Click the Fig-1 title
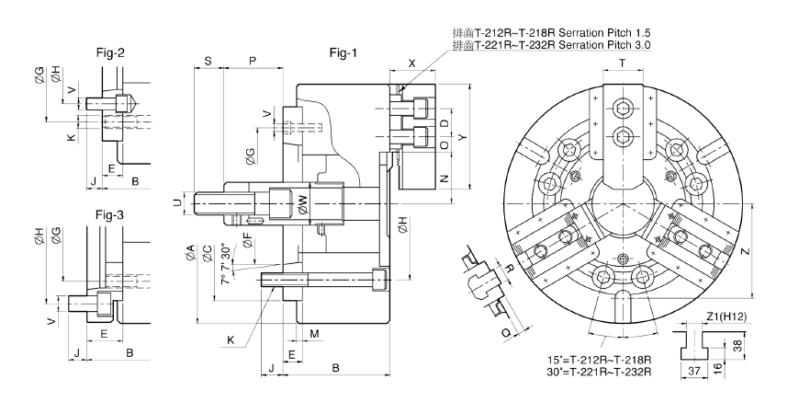point(343,52)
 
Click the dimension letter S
point(208,61)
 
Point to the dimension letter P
point(252,61)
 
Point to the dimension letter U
point(177,201)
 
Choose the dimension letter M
point(313,332)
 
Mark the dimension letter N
point(445,178)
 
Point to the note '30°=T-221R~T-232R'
point(598,372)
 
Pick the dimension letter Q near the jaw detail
point(507,332)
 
